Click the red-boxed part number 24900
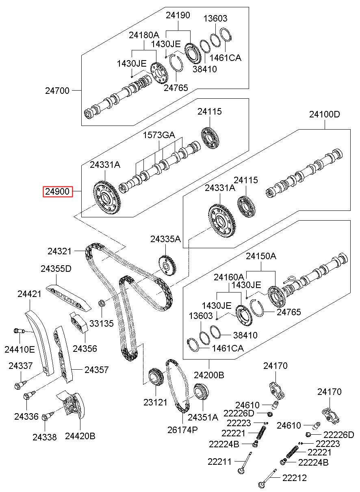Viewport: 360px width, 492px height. (x=58, y=191)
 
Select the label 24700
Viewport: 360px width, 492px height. (x=57, y=91)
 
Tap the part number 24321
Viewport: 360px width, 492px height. (x=59, y=251)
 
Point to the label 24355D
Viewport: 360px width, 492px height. (x=56, y=269)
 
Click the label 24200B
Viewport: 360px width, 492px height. (x=209, y=375)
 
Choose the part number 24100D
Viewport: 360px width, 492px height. (x=324, y=114)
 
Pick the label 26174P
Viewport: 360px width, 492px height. (x=182, y=430)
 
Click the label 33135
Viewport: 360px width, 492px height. (x=102, y=323)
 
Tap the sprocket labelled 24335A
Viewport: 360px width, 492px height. (x=167, y=265)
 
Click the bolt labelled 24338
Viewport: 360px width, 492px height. (x=47, y=416)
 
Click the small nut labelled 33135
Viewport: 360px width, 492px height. (x=102, y=303)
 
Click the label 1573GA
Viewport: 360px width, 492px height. (x=159, y=135)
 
